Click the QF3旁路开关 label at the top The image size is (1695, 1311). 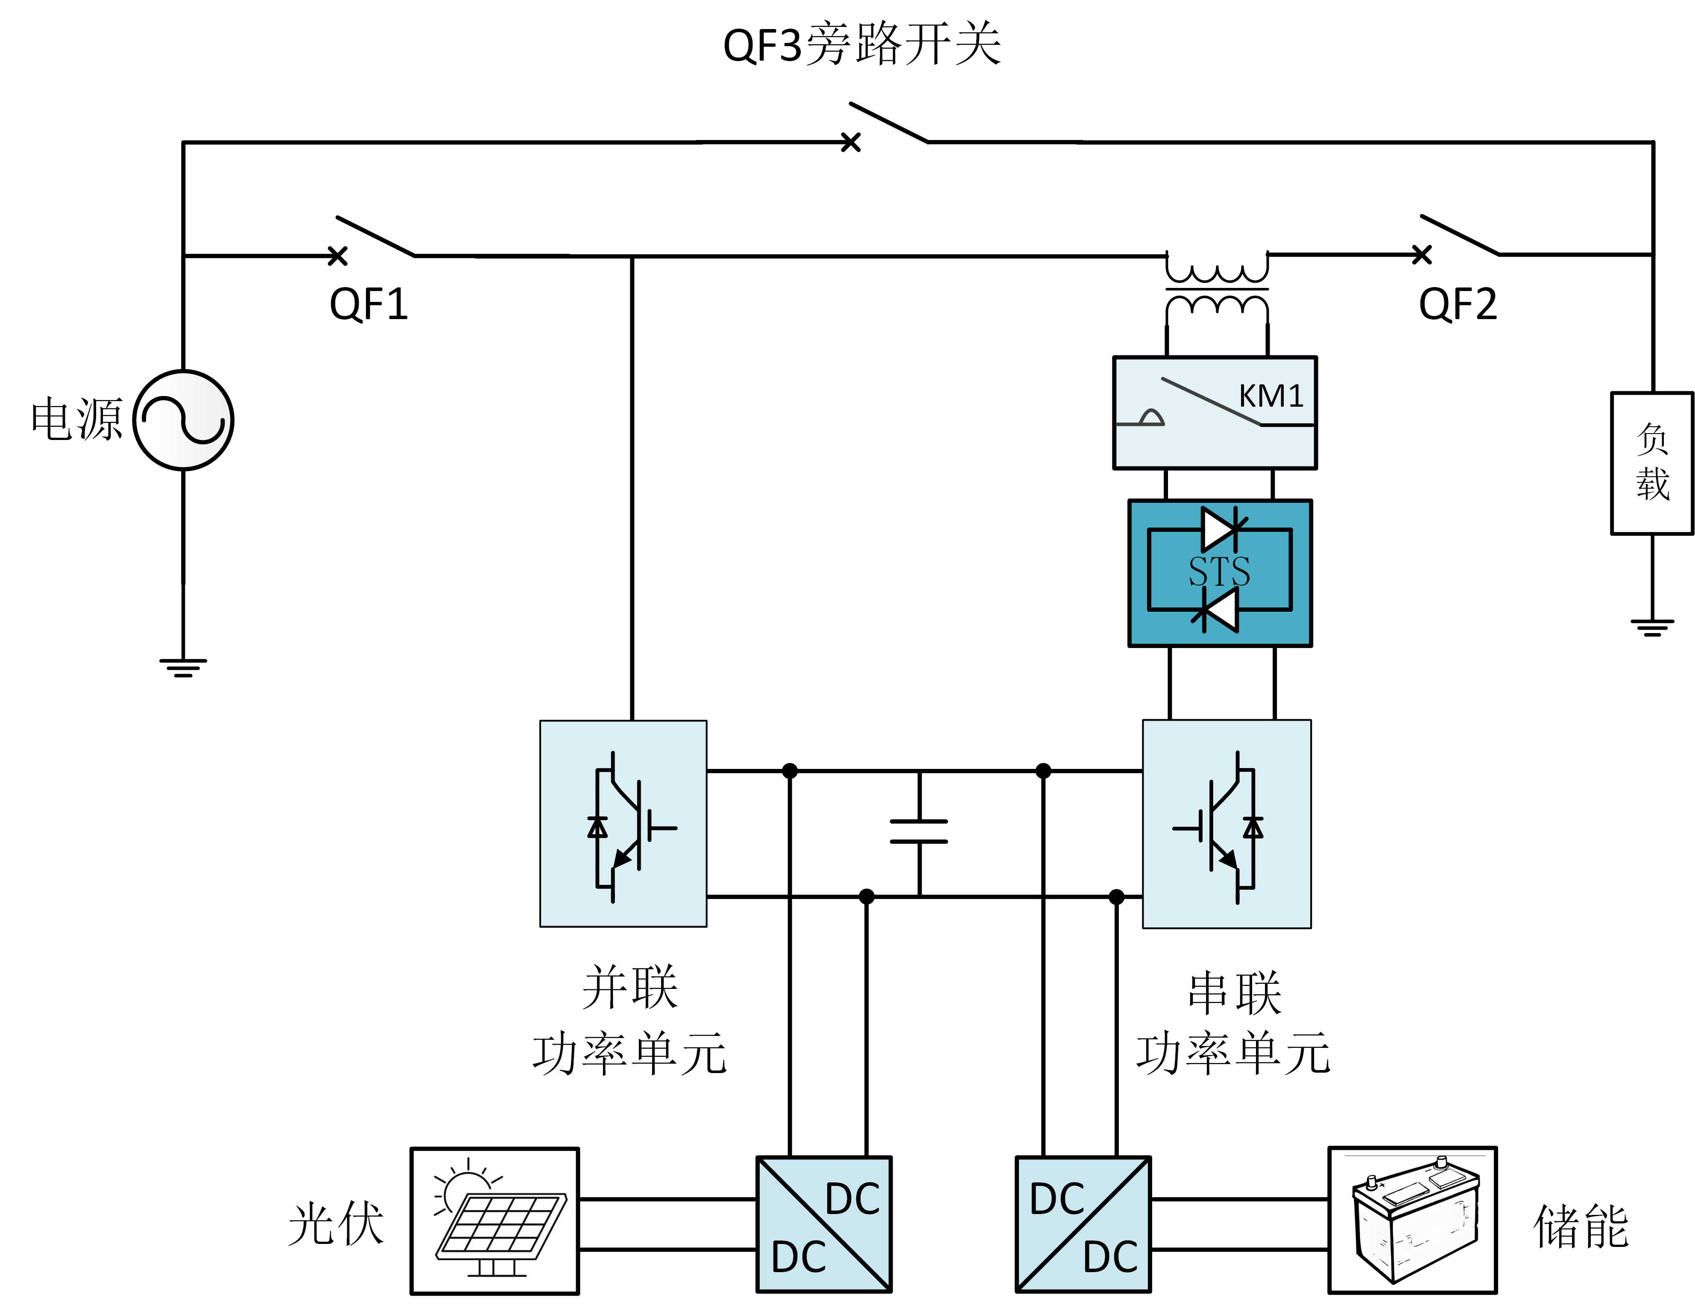coord(861,44)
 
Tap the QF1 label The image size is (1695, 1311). coord(369,304)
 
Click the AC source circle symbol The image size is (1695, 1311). coord(183,420)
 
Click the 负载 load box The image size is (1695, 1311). coord(1651,463)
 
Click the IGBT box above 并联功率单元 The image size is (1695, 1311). coord(623,824)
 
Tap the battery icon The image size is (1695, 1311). coord(1413,1220)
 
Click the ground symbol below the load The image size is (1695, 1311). coord(1651,627)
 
